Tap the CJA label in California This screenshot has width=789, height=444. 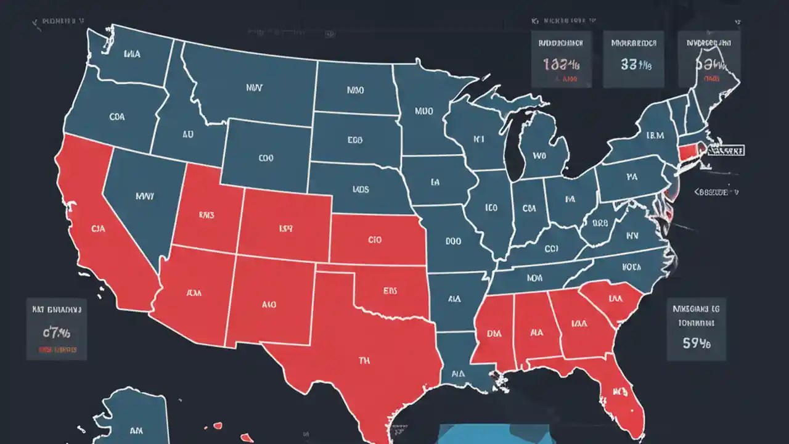point(99,229)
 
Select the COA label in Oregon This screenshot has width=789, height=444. point(117,116)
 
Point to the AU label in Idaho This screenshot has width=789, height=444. point(187,133)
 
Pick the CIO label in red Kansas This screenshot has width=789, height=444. point(375,239)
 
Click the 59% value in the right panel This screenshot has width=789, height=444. point(697,343)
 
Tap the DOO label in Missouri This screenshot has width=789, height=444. point(453,242)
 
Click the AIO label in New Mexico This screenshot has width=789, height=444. point(269,304)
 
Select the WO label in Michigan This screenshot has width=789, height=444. point(539,156)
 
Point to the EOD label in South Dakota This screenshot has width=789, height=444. point(354,140)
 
